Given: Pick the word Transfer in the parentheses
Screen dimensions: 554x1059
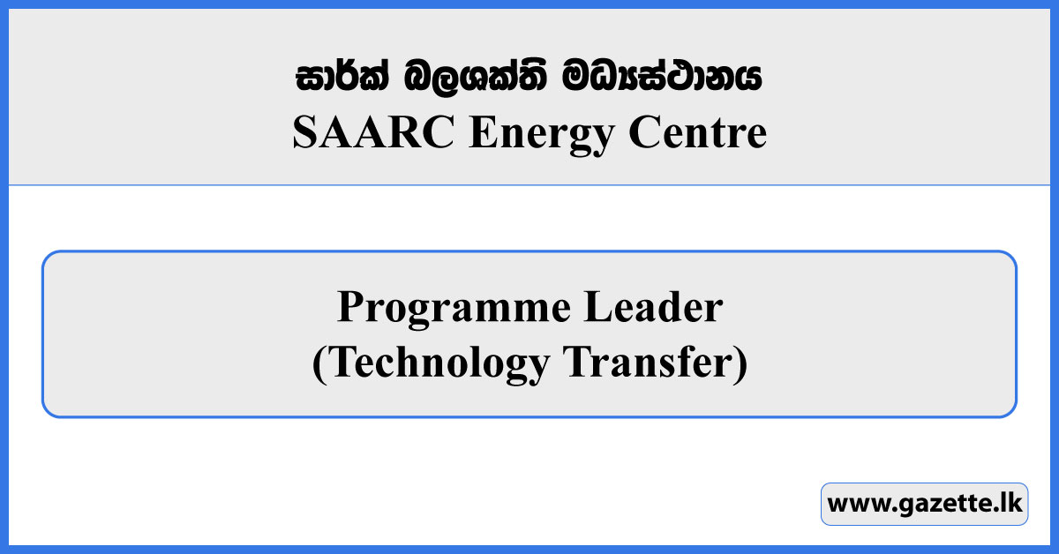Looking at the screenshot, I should point(649,364).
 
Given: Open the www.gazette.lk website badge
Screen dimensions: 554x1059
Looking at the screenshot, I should point(924,505).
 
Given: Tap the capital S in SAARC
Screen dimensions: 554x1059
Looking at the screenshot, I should point(303,134).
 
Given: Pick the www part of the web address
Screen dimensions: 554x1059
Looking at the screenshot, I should point(852,505).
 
